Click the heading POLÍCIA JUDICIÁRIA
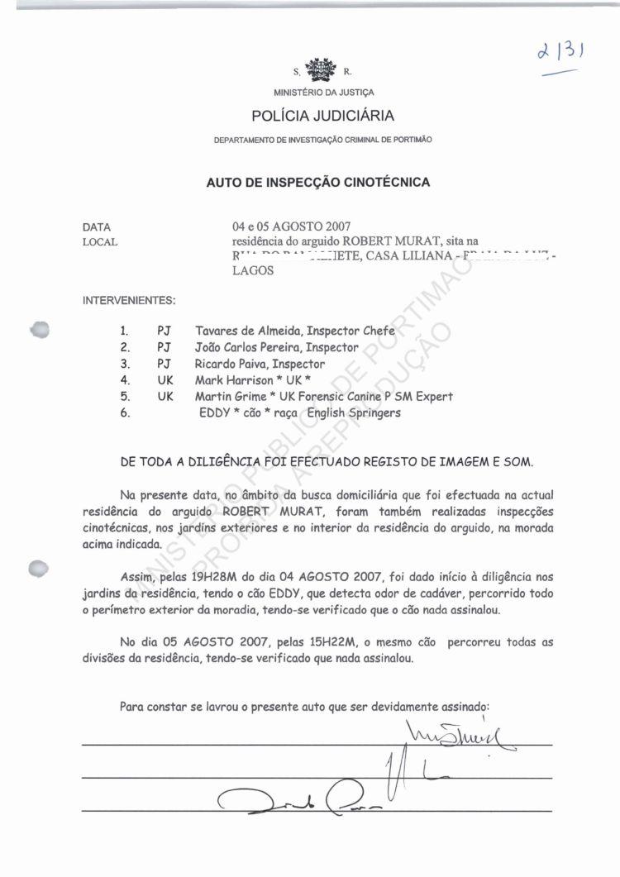(x=317, y=116)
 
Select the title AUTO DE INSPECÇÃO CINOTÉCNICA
(x=318, y=183)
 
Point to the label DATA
(x=97, y=226)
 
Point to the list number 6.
(x=125, y=413)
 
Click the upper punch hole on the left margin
(x=40, y=327)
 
